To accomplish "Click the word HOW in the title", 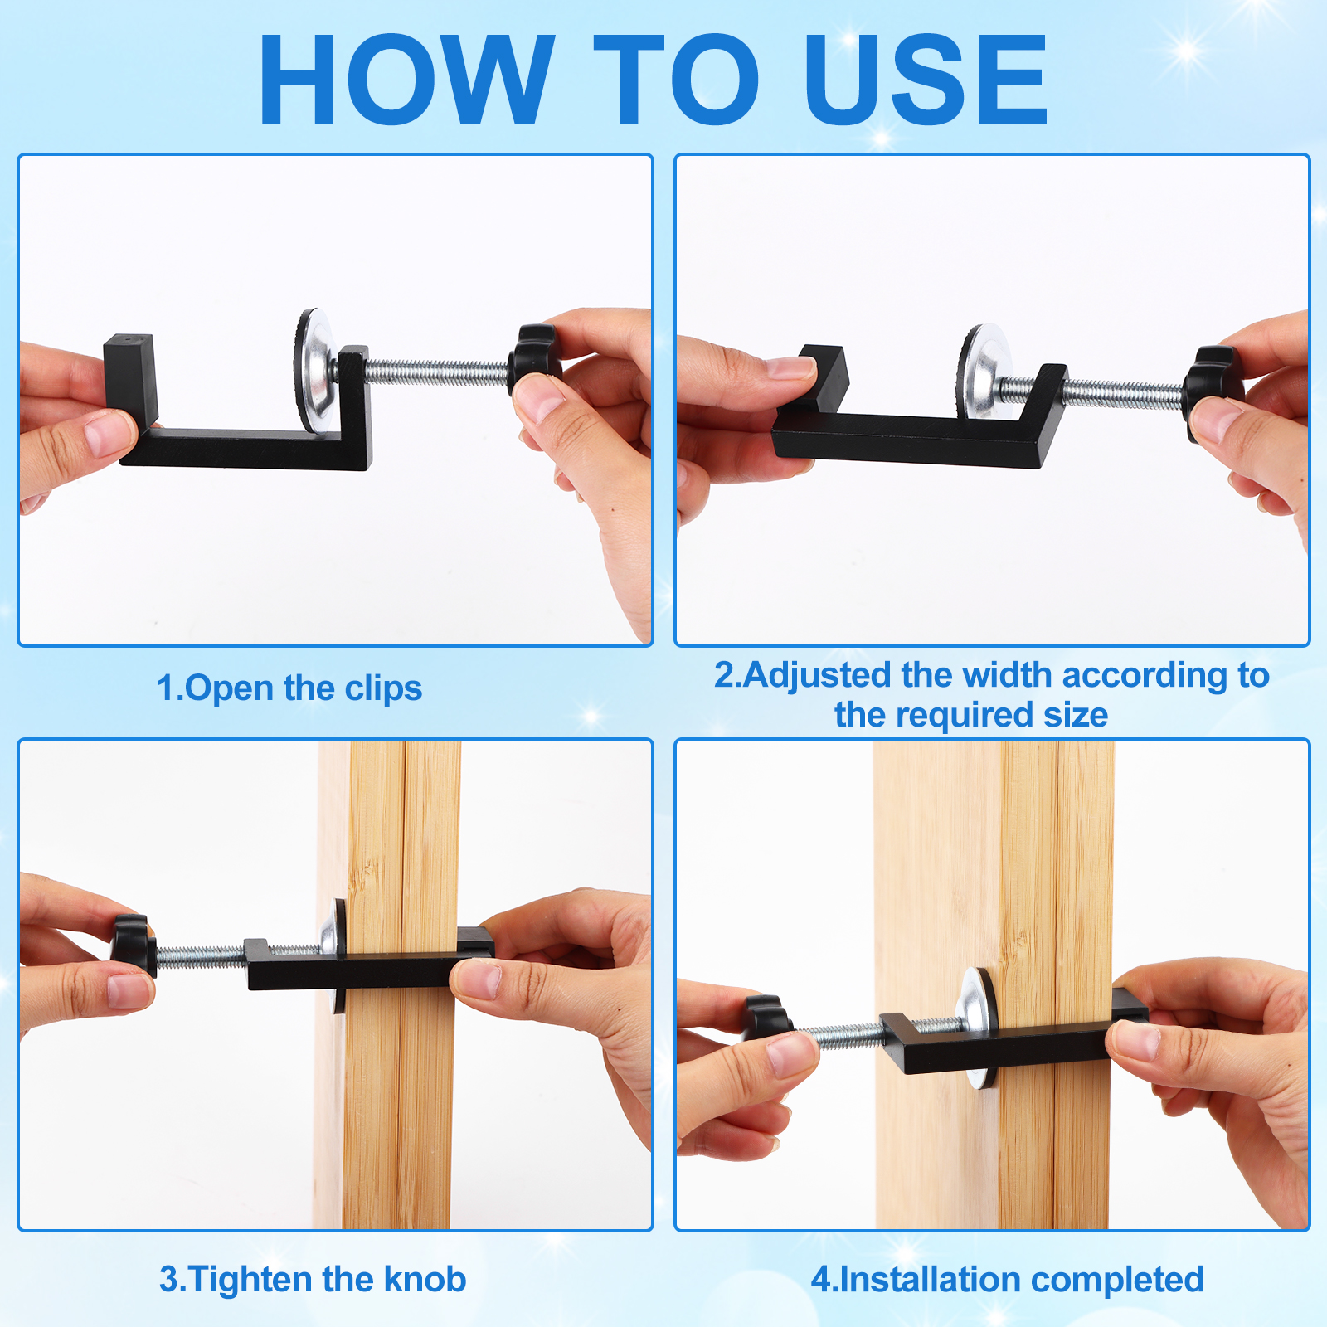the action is coord(406,80).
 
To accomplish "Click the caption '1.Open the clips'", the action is coord(289,689).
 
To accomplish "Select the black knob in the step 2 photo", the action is coord(1213,386).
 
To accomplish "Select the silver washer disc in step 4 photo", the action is coord(979,1027).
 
